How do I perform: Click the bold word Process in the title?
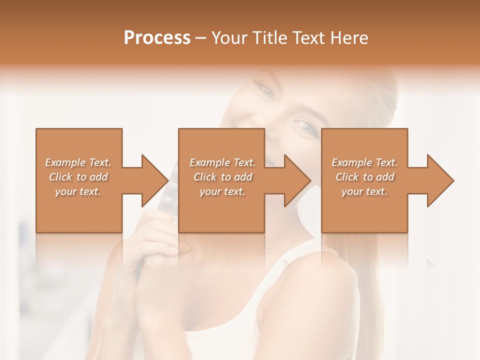click(157, 38)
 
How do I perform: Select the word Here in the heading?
click(348, 38)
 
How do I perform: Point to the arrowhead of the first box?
click(155, 180)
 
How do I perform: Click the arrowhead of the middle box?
click(298, 180)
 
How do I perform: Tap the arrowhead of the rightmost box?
click(440, 180)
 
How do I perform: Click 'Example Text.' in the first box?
click(78, 162)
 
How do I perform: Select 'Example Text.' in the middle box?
click(222, 162)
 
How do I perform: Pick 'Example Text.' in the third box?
click(364, 162)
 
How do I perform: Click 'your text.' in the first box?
click(78, 191)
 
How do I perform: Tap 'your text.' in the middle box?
click(222, 191)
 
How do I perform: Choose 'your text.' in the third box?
click(364, 191)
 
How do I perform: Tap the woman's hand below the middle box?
click(165, 250)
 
